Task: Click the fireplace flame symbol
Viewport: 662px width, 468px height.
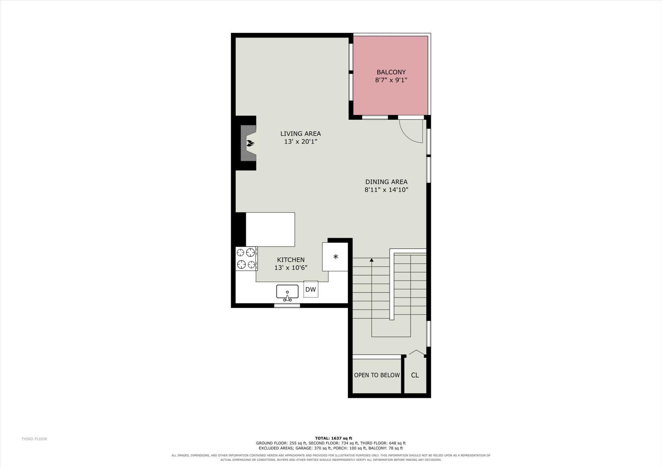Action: pyautogui.click(x=250, y=143)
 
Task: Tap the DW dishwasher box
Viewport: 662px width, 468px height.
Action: pyautogui.click(x=311, y=289)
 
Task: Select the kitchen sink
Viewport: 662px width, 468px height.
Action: pyautogui.click(x=287, y=292)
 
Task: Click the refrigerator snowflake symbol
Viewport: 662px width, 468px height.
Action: pyautogui.click(x=335, y=257)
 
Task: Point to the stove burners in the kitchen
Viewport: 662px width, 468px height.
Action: pyautogui.click(x=246, y=259)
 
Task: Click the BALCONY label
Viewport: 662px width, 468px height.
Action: pyautogui.click(x=391, y=72)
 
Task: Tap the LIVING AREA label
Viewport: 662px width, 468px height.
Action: pyautogui.click(x=300, y=134)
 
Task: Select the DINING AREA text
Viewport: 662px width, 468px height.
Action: pyautogui.click(x=386, y=182)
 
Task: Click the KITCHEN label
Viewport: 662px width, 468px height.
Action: pyautogui.click(x=291, y=260)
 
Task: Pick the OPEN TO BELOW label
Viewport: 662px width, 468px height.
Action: pyautogui.click(x=377, y=375)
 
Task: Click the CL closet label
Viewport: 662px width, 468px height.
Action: pyautogui.click(x=415, y=375)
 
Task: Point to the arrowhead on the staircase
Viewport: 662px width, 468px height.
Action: pyautogui.click(x=372, y=260)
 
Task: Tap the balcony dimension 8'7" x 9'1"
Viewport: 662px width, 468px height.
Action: pyautogui.click(x=391, y=80)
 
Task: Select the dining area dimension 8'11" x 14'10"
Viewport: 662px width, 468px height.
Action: pyautogui.click(x=386, y=190)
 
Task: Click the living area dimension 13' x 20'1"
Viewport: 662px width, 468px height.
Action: pyautogui.click(x=301, y=142)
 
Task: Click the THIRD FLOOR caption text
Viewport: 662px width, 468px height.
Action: pyautogui.click(x=34, y=439)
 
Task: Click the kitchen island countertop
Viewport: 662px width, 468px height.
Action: pyautogui.click(x=270, y=230)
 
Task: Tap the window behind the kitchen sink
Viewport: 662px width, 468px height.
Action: pyautogui.click(x=287, y=306)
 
